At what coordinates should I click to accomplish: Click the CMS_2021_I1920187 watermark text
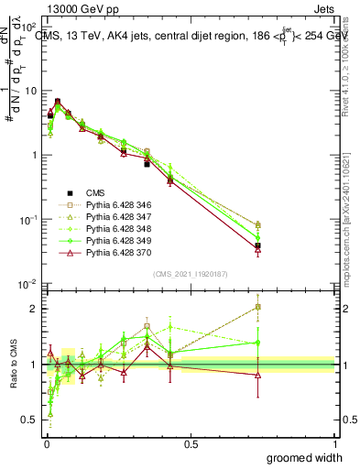coord(190,274)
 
